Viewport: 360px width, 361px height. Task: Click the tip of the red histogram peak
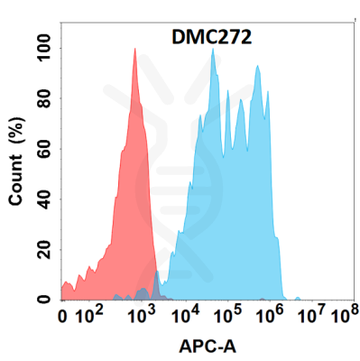(134, 50)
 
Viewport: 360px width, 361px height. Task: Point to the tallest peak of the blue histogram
(213, 50)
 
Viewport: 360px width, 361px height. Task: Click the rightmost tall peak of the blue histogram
(258, 66)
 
